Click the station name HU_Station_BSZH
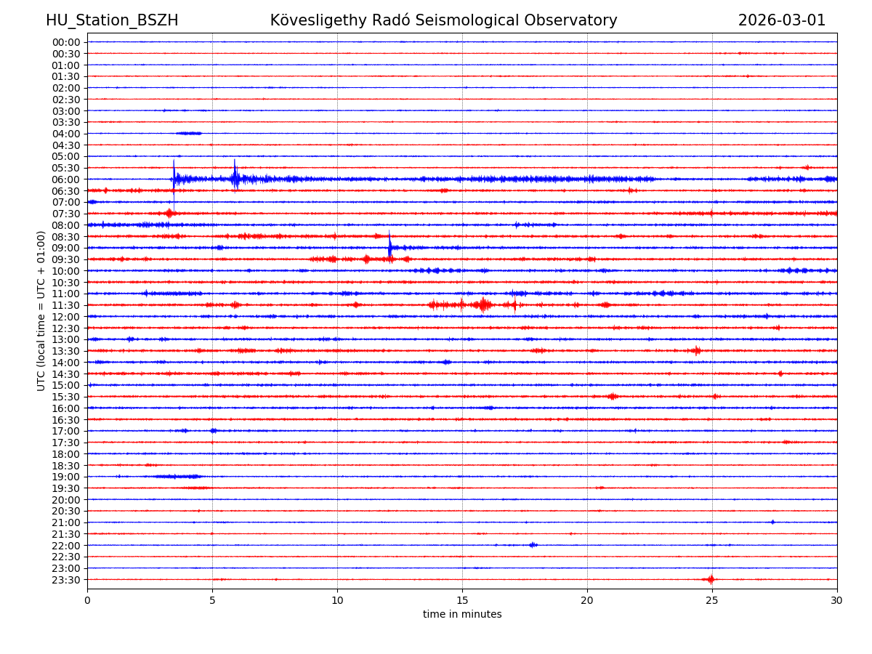[112, 20]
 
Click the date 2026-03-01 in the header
[782, 20]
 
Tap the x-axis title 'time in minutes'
[462, 615]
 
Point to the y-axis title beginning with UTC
[41, 310]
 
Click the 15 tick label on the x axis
[462, 600]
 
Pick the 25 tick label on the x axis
[712, 600]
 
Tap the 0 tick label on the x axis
[87, 600]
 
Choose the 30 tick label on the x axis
[837, 600]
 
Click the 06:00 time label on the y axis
[65, 179]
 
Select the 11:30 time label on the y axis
[65, 305]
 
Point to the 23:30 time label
[65, 580]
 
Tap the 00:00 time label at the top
[65, 42]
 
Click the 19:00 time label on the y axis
[65, 477]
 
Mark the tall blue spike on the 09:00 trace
[389, 246]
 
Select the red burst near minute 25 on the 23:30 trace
[711, 579]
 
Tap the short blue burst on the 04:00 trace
[189, 133]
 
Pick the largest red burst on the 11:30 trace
[483, 304]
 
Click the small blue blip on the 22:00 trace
[533, 545]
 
